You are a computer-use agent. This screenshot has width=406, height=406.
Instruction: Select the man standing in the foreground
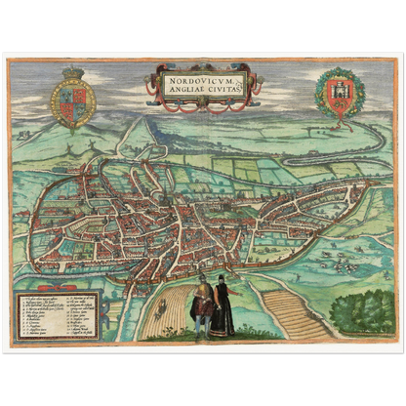pos(202,305)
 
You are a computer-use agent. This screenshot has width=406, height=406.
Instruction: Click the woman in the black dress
pos(223,306)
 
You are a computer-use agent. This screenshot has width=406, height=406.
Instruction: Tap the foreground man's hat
pos(202,279)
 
